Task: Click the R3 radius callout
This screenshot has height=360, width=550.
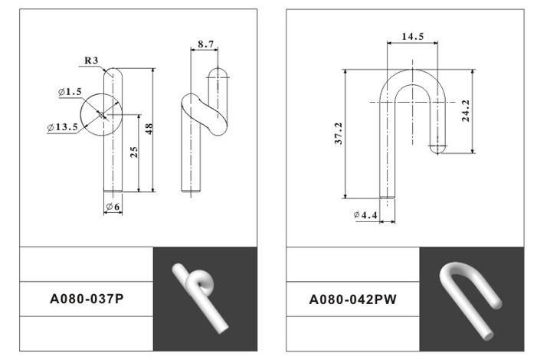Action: pos(91,61)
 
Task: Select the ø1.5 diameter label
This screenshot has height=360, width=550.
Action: pos(70,92)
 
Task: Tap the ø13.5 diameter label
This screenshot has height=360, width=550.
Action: pos(63,127)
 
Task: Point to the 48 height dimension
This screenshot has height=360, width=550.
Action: pos(149,129)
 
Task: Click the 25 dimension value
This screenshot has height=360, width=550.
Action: pos(134,152)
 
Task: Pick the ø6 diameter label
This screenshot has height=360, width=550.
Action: pos(113,207)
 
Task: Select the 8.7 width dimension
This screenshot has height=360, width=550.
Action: pos(205,44)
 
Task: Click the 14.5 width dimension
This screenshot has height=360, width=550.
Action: pos(412,36)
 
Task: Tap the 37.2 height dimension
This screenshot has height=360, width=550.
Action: pos(339,133)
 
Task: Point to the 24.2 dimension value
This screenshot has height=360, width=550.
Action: pos(466,111)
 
